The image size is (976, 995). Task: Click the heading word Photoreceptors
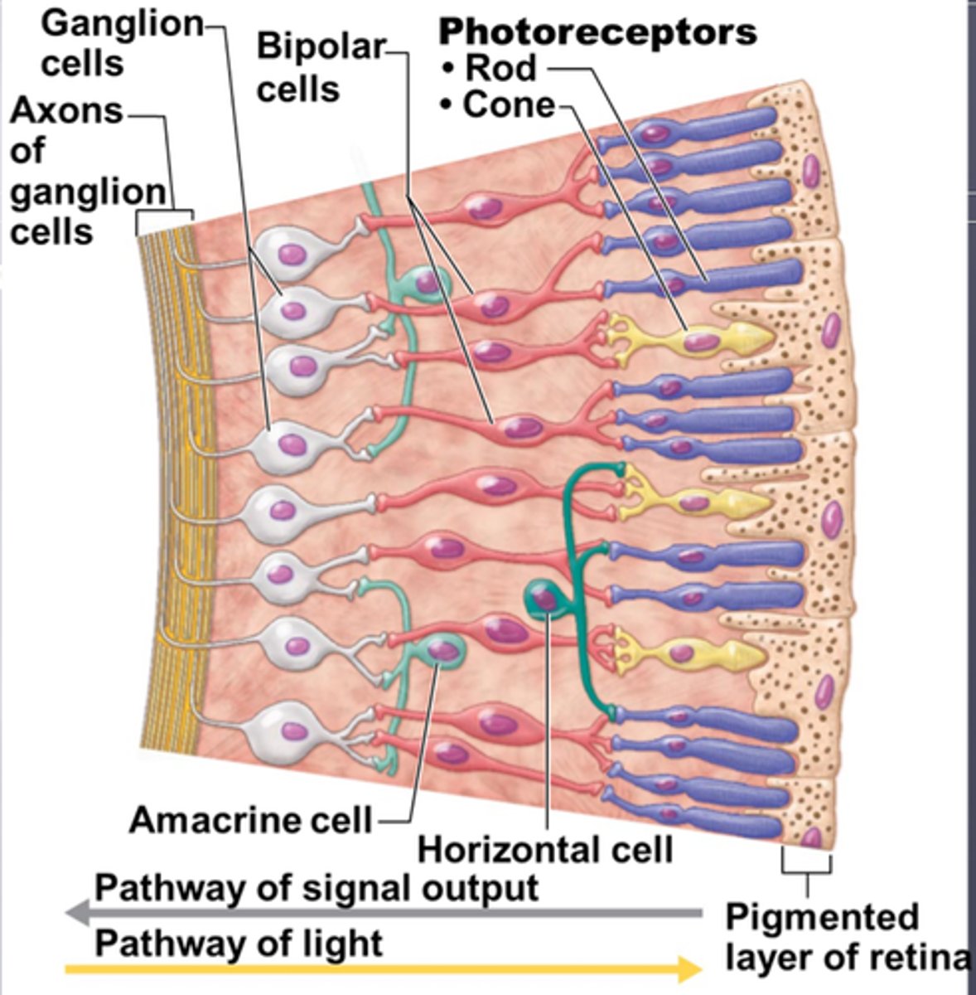(597, 32)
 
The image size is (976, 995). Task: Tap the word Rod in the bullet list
(500, 68)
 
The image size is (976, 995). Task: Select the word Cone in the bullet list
(509, 105)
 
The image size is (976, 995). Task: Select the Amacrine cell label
(250, 820)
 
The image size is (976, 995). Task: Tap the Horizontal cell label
(545, 850)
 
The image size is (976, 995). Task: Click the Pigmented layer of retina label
(845, 938)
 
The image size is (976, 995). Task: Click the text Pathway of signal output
(316, 887)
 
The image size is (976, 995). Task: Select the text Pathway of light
(239, 943)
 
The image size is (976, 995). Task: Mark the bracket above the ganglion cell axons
(164, 213)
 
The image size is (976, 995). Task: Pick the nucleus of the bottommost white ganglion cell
(293, 730)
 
